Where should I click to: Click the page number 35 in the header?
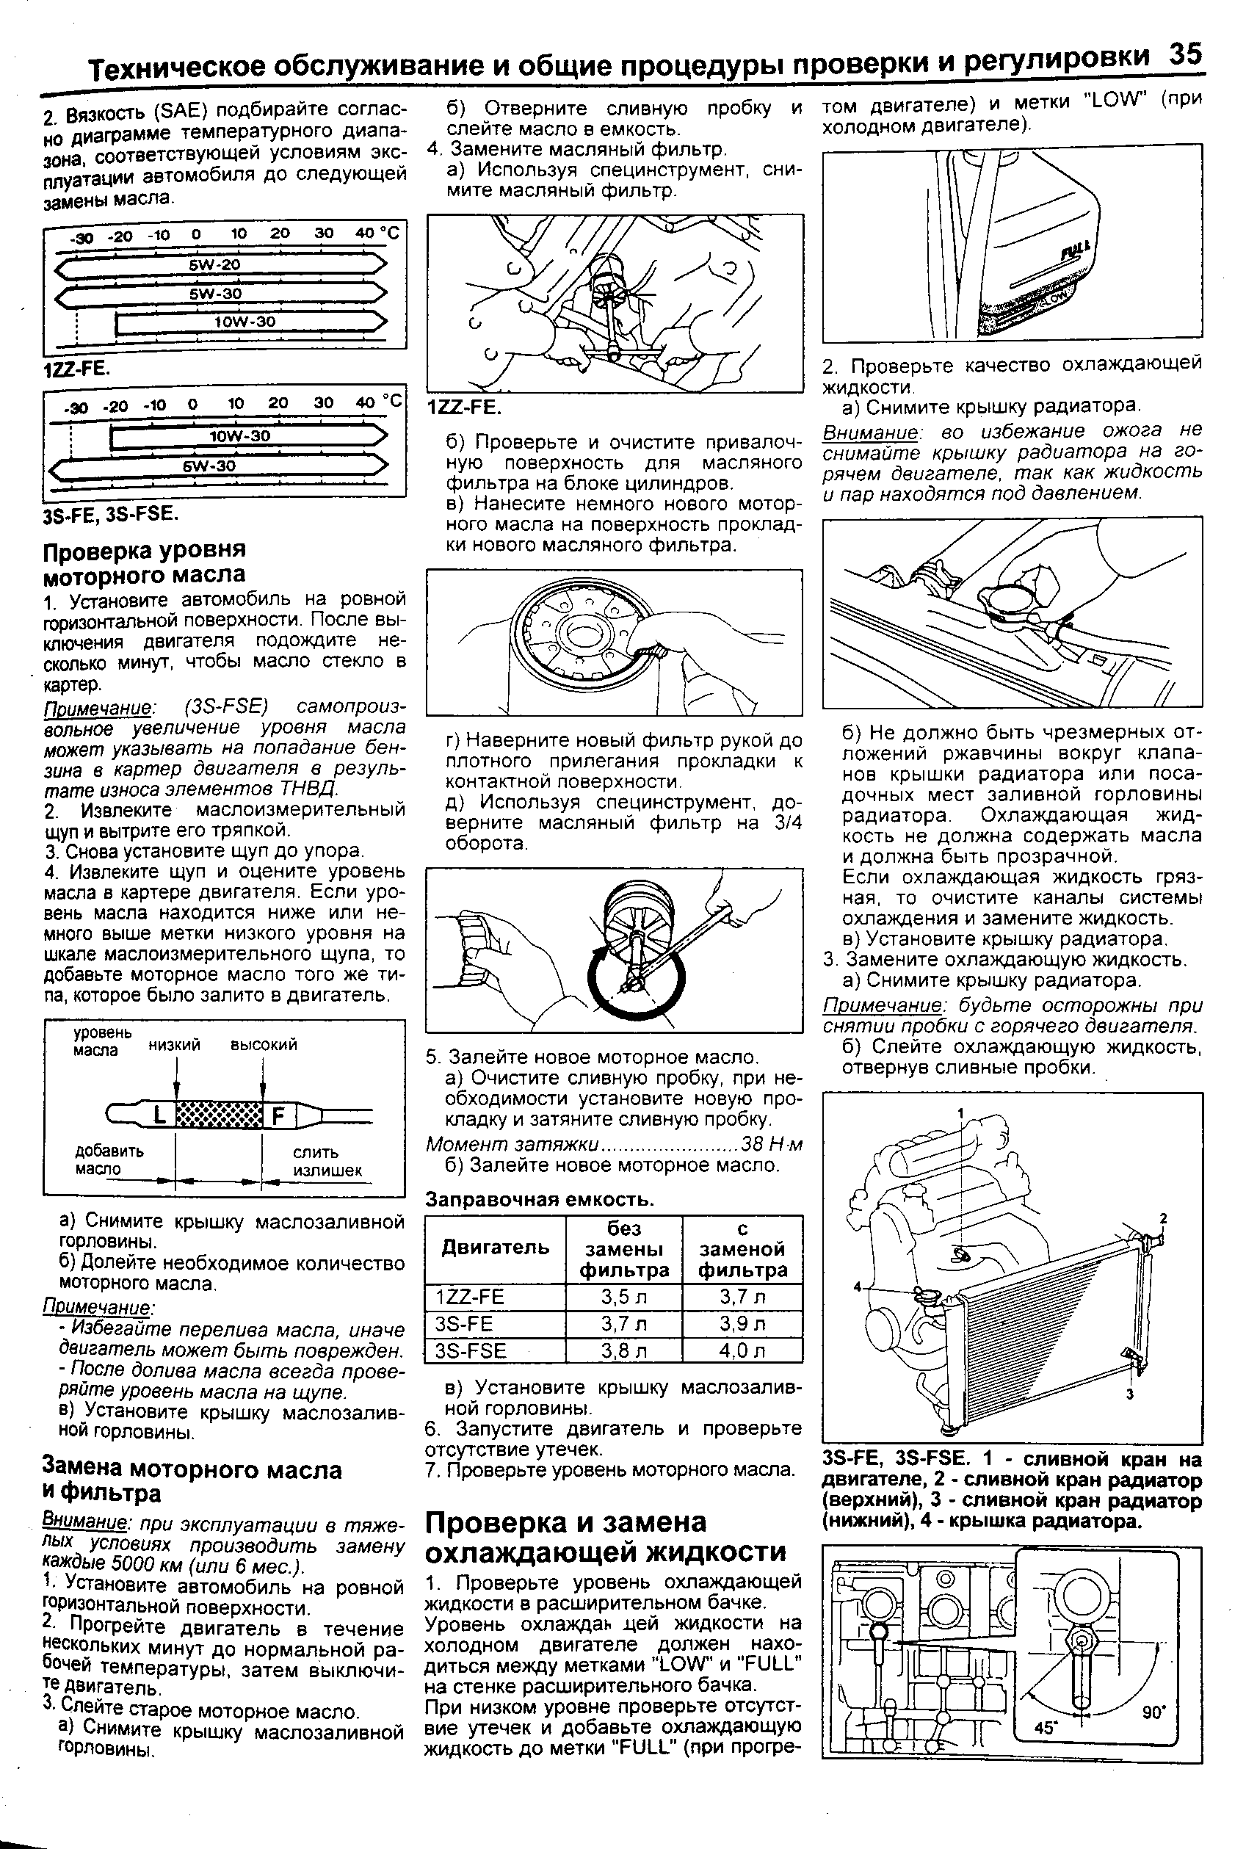(x=1185, y=56)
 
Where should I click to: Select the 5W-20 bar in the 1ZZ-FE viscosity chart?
(x=214, y=264)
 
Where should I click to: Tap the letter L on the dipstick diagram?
(x=159, y=1115)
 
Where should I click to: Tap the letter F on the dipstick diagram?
(x=278, y=1116)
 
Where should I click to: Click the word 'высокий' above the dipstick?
(x=264, y=1045)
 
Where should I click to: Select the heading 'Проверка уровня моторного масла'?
(x=144, y=562)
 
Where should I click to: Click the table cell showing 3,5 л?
(x=624, y=1297)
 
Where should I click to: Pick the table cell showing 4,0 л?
(x=742, y=1350)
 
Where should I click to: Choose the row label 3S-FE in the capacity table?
(x=465, y=1324)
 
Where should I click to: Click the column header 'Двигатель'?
(x=495, y=1247)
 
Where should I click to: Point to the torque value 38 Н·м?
(x=771, y=1145)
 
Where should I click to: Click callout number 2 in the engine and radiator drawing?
(x=1162, y=1219)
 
